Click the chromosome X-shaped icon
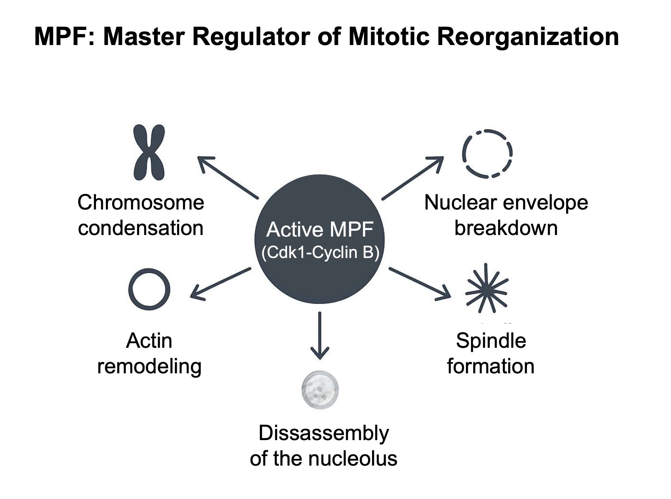pos(149,152)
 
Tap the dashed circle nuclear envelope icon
pos(487,153)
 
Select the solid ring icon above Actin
pos(149,289)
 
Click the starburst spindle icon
pos(487,289)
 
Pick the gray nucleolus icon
pos(320,390)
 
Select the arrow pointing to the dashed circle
pos(413,178)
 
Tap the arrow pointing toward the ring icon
pos(221,283)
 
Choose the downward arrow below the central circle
pos(320,336)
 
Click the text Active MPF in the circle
pos(320,230)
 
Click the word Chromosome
pos(141,203)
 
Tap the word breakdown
pos(506,228)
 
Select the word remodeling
pos(149,366)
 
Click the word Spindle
pos(491,341)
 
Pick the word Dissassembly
pos(324,433)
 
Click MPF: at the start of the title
pos(64,37)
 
